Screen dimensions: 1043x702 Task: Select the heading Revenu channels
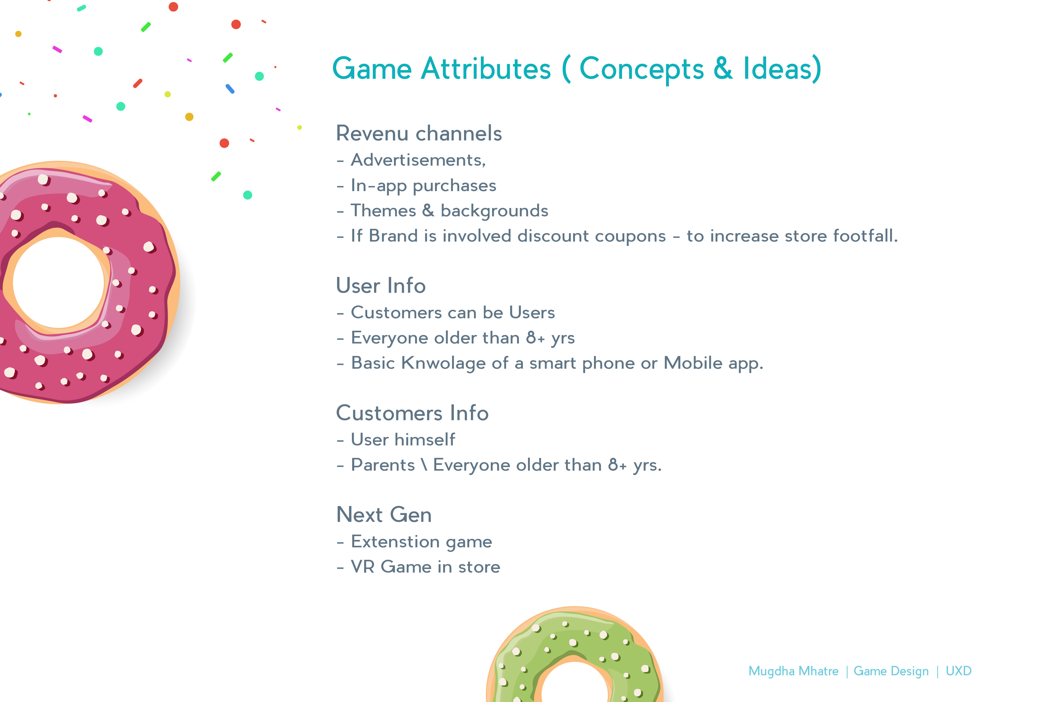[x=419, y=134]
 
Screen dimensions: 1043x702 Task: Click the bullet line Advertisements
[x=411, y=160]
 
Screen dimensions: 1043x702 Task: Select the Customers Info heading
[x=412, y=413]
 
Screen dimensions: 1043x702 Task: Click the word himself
[x=425, y=440]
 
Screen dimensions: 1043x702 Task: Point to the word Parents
[x=383, y=465]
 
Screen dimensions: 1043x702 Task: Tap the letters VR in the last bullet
[x=363, y=567]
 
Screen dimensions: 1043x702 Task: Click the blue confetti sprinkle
[x=230, y=89]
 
